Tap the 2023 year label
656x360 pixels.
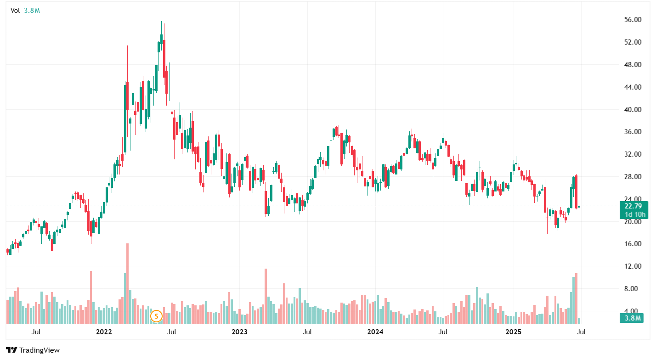239,332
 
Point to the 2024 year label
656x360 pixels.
375,332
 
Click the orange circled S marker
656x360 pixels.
157,316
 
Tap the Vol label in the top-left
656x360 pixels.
15,10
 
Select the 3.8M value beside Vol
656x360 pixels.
32,10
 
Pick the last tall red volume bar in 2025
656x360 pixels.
576,298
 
